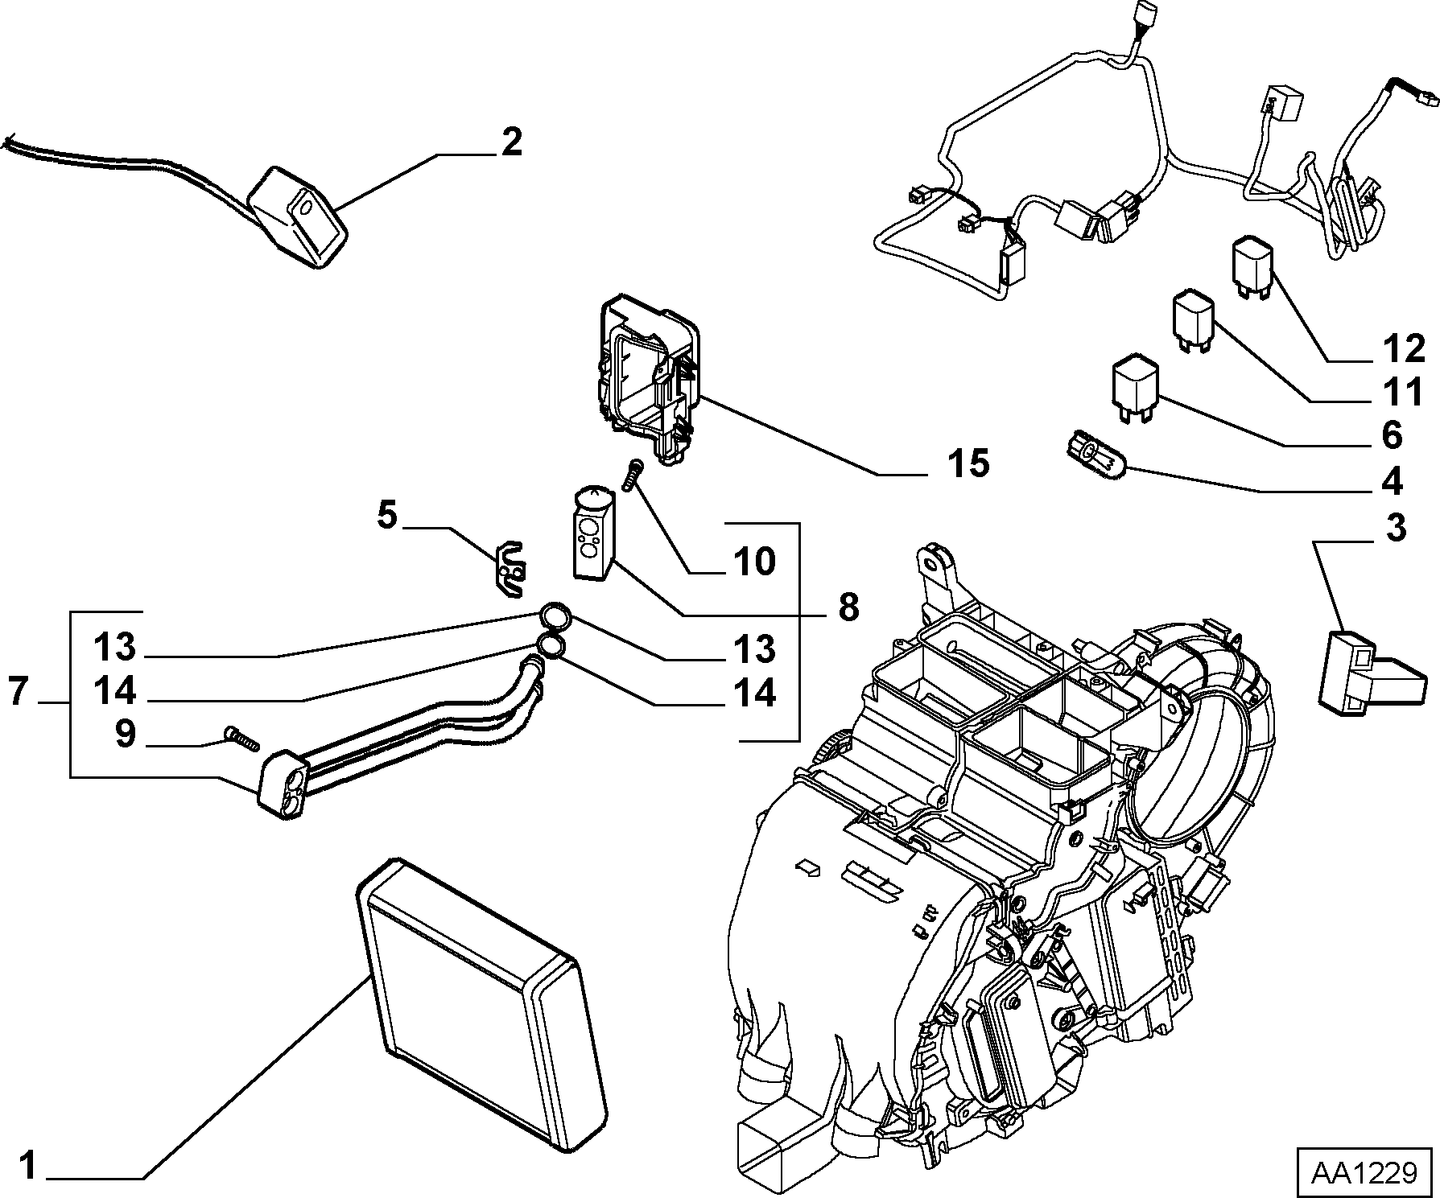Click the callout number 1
(28, 1167)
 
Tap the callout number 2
(511, 142)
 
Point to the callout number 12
(1404, 348)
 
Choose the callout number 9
(126, 734)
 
